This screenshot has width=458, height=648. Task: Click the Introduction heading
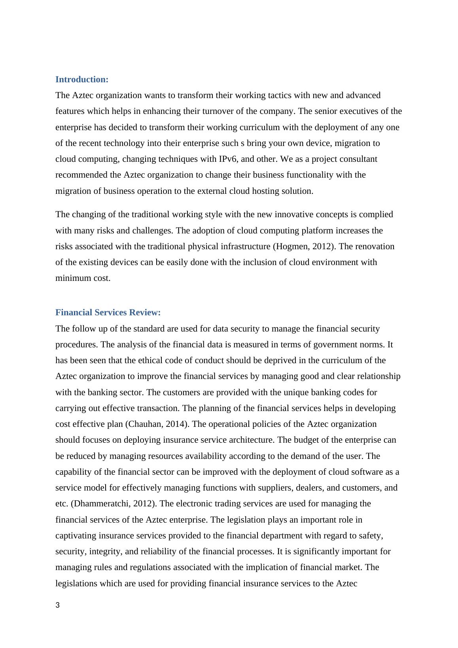(x=82, y=80)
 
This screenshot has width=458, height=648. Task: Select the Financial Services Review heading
(x=108, y=313)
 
